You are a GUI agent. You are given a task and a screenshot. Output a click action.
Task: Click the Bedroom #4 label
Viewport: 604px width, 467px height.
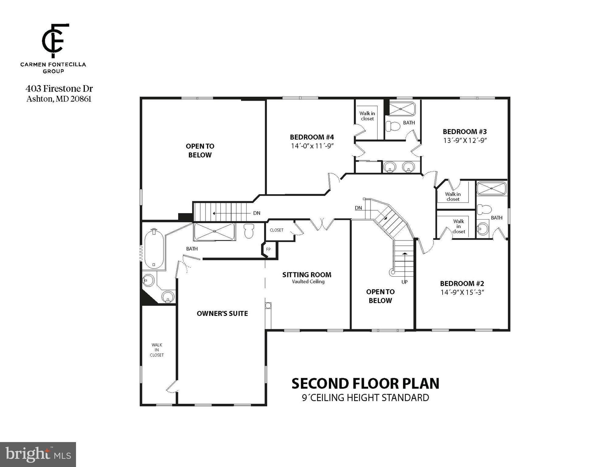312,137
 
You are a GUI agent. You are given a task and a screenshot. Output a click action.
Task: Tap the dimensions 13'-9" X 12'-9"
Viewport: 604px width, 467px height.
465,140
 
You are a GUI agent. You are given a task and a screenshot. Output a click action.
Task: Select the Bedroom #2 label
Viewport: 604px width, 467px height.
462,283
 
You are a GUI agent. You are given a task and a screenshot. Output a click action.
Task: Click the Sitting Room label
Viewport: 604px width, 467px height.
307,275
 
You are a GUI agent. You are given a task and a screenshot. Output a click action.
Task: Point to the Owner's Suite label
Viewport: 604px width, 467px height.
222,313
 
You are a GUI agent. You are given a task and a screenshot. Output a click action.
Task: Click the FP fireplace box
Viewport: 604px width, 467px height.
268,249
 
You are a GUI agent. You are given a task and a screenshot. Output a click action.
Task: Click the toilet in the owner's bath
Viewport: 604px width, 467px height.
249,231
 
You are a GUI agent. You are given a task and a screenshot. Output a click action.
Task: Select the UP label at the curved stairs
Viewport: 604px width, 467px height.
404,282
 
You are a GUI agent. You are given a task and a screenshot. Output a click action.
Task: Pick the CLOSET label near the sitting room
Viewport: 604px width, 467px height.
276,230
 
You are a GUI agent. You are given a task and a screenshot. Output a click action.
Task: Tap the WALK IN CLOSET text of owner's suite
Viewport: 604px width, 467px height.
157,350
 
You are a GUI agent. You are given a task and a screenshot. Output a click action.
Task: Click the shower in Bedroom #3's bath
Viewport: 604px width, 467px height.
402,109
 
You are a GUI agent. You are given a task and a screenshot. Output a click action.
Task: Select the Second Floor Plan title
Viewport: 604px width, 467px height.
365,384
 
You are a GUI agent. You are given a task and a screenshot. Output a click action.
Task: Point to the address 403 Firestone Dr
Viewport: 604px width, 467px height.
59,89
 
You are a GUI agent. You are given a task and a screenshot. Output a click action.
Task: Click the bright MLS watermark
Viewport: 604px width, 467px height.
38,454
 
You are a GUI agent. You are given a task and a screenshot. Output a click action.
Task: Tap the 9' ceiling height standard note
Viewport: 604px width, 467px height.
365,398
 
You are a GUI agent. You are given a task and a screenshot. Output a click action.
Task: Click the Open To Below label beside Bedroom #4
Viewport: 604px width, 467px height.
200,150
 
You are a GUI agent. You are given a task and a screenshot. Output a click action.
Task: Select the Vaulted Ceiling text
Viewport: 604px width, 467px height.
308,282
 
